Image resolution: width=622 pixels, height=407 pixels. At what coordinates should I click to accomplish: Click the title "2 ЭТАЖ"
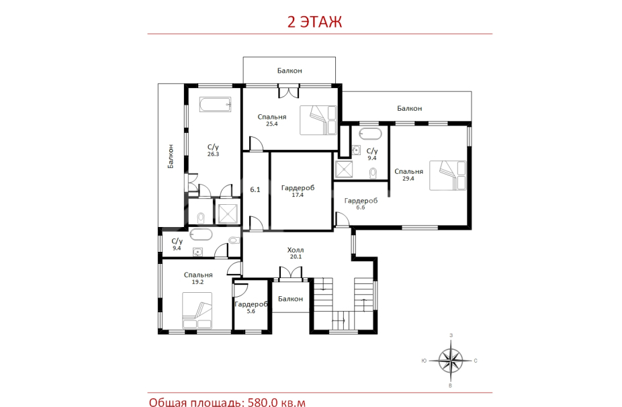314,21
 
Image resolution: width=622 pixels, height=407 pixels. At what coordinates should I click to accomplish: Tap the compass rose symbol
451,361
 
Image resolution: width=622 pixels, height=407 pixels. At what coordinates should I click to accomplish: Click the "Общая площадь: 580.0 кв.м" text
227,402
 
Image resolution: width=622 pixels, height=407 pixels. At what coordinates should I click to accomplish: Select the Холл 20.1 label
296,253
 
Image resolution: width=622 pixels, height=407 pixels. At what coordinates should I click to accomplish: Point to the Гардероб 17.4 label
298,191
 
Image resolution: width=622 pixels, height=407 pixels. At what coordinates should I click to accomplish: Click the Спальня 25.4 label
272,120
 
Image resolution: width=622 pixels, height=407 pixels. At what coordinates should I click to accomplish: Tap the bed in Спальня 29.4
448,175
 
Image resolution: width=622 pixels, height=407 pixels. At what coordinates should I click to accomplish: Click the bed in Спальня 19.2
197,310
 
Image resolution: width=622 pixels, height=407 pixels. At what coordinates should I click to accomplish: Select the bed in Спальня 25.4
318,120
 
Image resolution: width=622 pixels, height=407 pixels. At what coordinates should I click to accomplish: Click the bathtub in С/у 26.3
215,105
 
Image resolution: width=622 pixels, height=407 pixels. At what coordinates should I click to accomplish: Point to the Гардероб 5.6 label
251,308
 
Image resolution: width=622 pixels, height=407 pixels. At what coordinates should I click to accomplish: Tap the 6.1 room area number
255,189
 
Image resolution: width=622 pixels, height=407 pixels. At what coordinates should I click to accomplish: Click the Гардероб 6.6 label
361,203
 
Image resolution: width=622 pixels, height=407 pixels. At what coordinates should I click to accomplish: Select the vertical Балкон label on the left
171,156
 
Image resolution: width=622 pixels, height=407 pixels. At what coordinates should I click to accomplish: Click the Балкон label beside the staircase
290,299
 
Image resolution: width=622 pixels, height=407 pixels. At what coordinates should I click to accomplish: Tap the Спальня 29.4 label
408,175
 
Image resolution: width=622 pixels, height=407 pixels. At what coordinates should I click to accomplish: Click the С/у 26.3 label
213,150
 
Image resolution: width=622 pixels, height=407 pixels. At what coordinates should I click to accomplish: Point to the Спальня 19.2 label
198,278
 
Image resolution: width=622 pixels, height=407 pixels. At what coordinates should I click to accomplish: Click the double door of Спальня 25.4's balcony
288,91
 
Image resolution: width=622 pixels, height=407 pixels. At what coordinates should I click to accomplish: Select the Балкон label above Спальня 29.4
409,108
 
